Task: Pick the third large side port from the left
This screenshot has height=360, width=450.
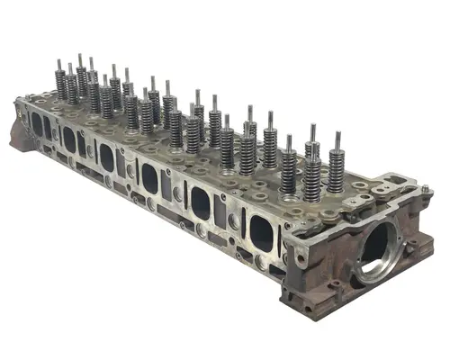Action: point(106,157)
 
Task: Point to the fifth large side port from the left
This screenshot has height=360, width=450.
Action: point(200,205)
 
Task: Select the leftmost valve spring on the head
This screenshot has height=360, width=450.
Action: point(61,85)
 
